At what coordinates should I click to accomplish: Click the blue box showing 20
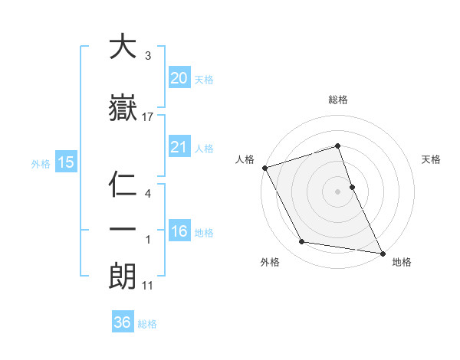[x=179, y=77]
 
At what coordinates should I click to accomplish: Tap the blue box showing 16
[x=179, y=231]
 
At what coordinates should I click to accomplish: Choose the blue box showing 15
[x=65, y=162]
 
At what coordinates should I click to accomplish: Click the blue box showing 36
[x=123, y=322]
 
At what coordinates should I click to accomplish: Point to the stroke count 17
[x=148, y=116]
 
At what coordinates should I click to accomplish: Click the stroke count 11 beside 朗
[x=148, y=286]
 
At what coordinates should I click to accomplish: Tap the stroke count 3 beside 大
[x=147, y=56]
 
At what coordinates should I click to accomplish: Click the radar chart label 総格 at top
[x=338, y=100]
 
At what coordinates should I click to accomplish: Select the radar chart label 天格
[x=432, y=159]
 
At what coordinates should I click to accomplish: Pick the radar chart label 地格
[x=402, y=262]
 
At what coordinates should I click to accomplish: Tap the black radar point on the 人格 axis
[x=264, y=168]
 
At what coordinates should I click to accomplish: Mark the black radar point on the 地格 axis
[x=383, y=253]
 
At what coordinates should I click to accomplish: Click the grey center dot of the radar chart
[x=338, y=191]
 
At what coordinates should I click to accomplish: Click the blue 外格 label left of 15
[x=41, y=162]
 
